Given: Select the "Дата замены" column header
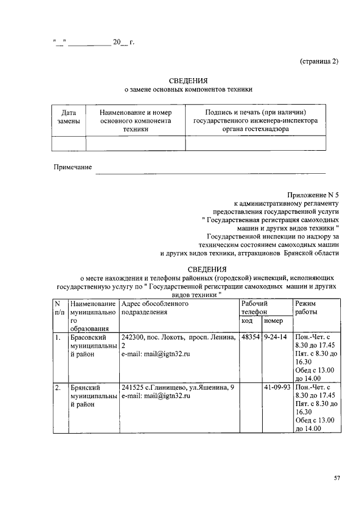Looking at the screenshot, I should point(69,116).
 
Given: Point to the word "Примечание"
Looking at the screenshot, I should point(73,167).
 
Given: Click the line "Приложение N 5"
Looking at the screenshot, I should point(313,193).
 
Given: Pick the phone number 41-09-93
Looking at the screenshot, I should point(277,388).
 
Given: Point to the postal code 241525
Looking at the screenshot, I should point(133,388).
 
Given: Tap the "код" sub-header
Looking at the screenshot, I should point(247,320).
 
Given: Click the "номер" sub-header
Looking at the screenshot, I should point(273,320).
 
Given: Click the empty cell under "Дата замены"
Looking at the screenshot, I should point(69,143).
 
